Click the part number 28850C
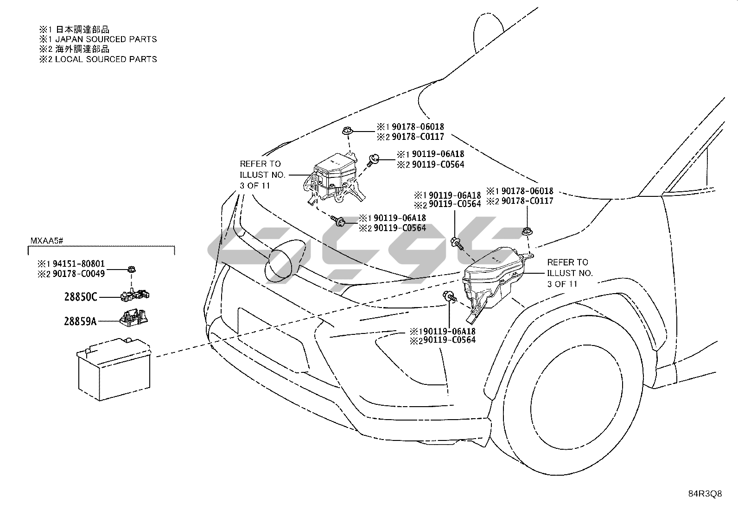[81, 297]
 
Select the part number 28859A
[80, 320]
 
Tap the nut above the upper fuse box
[346, 132]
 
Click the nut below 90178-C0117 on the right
[526, 231]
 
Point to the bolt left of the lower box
[450, 296]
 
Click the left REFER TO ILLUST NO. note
[262, 175]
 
